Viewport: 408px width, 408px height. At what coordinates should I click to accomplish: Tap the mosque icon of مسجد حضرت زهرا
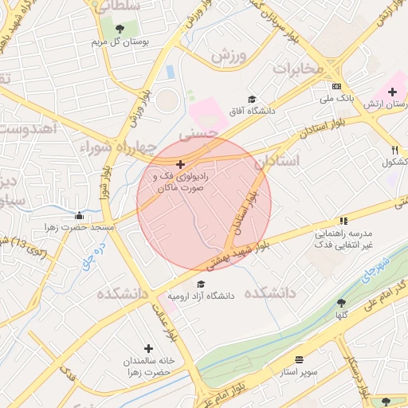tap(79, 215)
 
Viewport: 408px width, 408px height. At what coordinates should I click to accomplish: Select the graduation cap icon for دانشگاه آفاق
tap(253, 100)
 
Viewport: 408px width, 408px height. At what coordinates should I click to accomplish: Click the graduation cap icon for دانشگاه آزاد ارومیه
tap(201, 284)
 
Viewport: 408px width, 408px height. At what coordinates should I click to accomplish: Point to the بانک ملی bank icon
tap(337, 86)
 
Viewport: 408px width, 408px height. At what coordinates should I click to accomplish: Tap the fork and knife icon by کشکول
tap(394, 150)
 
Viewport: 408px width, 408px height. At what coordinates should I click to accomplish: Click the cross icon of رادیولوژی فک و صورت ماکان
tap(180, 163)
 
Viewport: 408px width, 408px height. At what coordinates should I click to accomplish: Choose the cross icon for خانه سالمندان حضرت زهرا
tap(148, 348)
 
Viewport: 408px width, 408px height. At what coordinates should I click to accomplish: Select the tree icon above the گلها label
tap(341, 303)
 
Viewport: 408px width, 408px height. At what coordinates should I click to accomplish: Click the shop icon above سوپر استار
tap(299, 360)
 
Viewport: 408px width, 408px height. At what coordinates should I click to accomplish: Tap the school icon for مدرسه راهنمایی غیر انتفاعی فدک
tap(343, 221)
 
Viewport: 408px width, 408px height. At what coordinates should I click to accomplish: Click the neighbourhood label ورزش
tap(226, 56)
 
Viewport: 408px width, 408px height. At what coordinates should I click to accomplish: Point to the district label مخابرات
tap(299, 69)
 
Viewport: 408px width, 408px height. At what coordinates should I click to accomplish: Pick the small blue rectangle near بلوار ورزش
tap(170, 72)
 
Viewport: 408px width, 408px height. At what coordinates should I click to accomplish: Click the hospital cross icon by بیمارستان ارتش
tap(391, 92)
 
